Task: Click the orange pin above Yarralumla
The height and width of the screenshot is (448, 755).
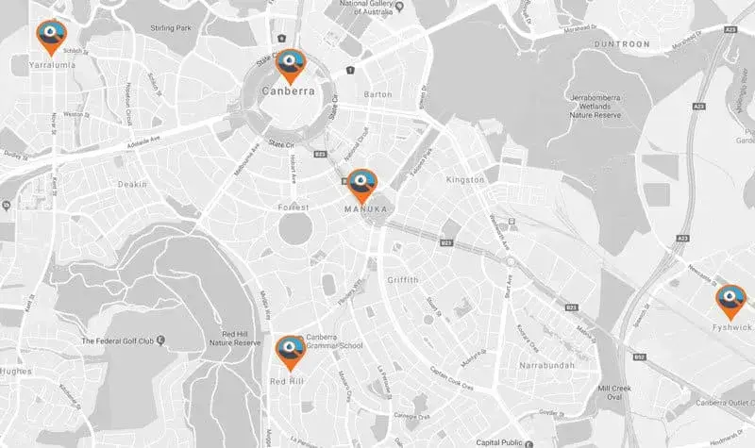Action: point(51,37)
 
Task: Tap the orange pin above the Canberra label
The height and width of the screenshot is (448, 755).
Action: point(290,65)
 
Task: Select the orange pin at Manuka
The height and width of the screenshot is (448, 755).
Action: point(362,185)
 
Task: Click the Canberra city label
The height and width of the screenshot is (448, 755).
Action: point(290,92)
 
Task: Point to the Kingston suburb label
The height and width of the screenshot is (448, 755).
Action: point(464,179)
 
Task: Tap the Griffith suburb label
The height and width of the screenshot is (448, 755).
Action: point(408,280)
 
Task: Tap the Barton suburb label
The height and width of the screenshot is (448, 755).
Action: point(377,95)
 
